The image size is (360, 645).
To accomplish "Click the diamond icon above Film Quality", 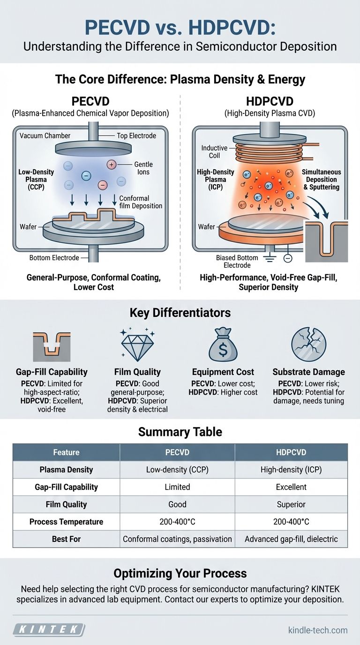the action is [x=137, y=345].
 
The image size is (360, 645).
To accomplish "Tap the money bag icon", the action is [x=223, y=345].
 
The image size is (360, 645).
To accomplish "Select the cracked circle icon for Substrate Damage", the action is [x=308, y=345].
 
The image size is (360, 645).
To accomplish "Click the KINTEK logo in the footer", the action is [x=49, y=629].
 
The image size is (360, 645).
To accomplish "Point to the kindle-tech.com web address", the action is [x=318, y=630].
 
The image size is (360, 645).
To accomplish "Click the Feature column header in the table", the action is [x=66, y=452].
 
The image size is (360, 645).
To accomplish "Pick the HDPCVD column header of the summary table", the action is [x=291, y=452].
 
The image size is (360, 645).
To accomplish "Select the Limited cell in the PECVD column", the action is [x=177, y=487].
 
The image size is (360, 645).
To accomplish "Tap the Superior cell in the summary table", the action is [x=291, y=504].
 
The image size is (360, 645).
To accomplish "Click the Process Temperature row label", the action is [x=66, y=521].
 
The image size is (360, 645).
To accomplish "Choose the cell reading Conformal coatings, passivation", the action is [x=177, y=539].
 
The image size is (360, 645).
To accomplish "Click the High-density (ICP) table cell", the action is [x=291, y=470].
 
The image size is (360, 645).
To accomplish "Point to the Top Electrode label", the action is [x=136, y=135].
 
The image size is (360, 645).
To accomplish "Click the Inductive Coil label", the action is [x=214, y=151].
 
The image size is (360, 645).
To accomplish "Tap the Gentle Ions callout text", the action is [x=143, y=168].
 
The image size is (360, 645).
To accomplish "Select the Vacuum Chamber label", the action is [x=45, y=135].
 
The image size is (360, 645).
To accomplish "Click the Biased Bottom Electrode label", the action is [x=237, y=261].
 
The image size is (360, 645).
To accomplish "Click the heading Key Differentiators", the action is [x=180, y=313].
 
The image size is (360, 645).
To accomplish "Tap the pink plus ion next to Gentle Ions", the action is [x=112, y=165].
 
